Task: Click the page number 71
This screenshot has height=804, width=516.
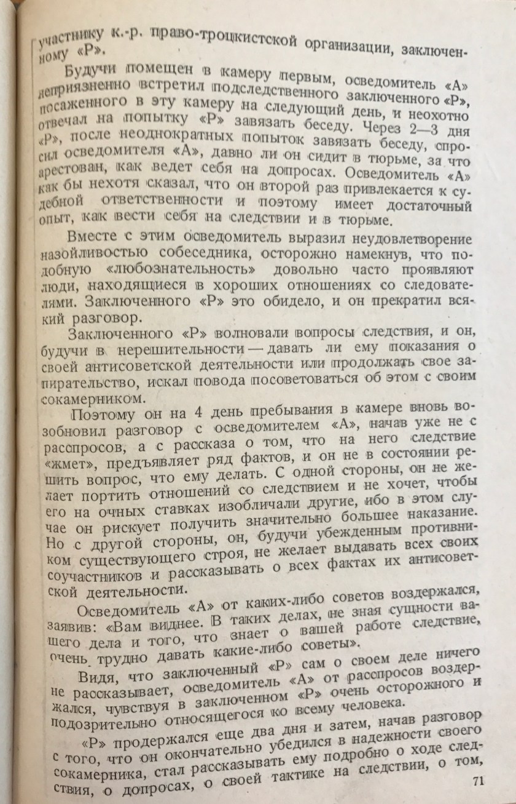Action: pos(480,781)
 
